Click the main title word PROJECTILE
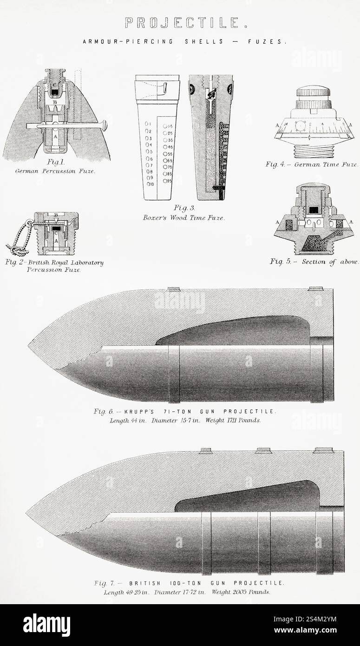182,22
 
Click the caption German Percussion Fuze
55,171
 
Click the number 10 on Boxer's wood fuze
150,184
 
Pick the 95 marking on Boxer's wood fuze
167,181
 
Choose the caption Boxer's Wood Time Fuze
184,217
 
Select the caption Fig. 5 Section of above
314,262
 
